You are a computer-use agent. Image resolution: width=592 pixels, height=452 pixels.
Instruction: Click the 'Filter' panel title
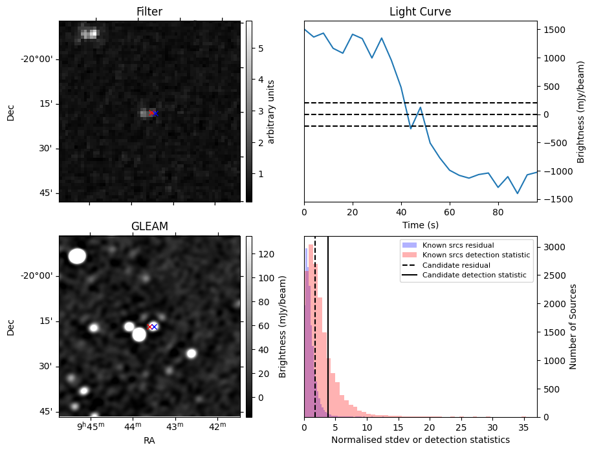149,12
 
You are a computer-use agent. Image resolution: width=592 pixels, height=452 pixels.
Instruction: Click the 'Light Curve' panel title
420,12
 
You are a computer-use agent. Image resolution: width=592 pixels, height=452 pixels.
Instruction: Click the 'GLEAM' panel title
149,226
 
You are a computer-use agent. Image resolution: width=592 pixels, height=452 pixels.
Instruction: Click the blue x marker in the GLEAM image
154,327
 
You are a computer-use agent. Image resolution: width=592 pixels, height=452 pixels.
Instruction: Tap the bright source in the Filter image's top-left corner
89,33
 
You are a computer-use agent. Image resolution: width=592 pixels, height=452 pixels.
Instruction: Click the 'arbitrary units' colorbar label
272,111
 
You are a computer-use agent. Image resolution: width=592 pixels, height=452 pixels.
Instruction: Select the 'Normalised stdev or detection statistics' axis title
420,440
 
